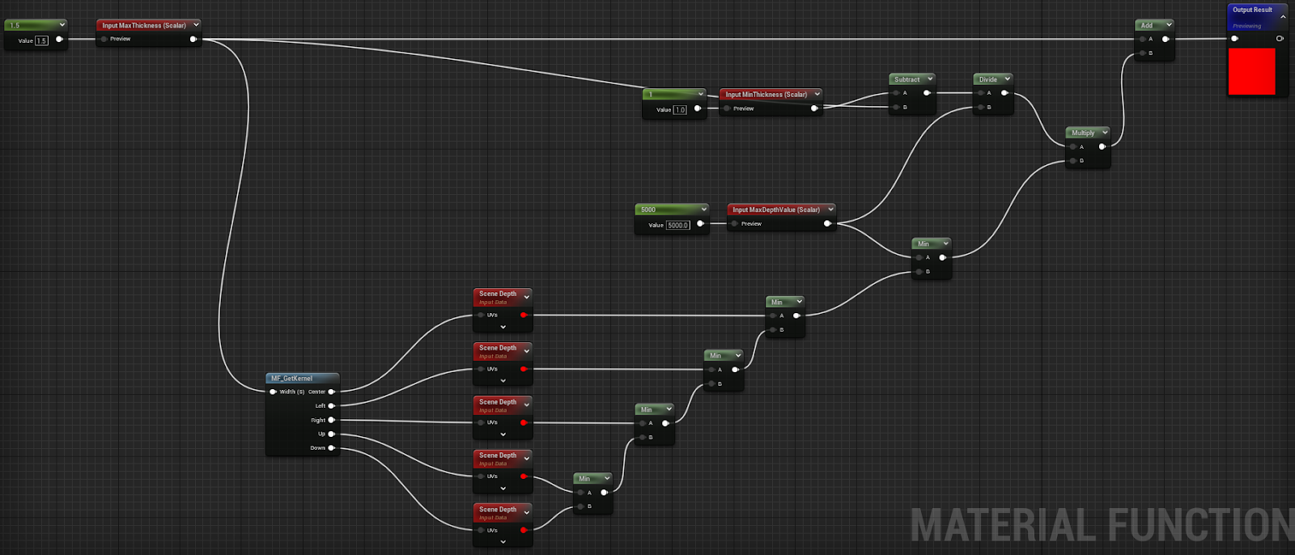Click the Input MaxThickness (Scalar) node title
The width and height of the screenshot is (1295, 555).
tap(144, 25)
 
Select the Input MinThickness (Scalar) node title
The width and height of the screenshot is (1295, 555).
tap(766, 95)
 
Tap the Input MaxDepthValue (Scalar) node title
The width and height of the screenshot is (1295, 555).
tap(776, 210)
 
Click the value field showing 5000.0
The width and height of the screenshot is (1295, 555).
tap(677, 225)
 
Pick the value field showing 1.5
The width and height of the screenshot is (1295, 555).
tap(41, 40)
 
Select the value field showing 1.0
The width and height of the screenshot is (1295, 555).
tap(680, 110)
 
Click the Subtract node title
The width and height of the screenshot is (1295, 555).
tap(907, 79)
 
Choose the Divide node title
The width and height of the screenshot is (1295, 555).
tap(988, 79)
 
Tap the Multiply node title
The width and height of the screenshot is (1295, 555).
tap(1083, 133)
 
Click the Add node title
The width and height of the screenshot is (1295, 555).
tap(1147, 25)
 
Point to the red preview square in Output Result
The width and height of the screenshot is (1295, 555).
tap(1251, 71)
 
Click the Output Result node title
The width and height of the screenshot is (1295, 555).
tap(1252, 10)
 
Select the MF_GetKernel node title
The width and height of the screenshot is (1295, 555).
tap(292, 378)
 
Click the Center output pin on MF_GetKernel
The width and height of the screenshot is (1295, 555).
tap(332, 392)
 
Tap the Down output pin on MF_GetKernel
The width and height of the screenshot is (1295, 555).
tap(332, 448)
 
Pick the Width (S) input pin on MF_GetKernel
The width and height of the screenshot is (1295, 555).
tap(274, 392)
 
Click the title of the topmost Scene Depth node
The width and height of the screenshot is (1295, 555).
tap(497, 294)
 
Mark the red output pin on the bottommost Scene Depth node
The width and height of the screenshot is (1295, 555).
tap(524, 531)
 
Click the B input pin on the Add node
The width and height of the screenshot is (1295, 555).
tap(1140, 53)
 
